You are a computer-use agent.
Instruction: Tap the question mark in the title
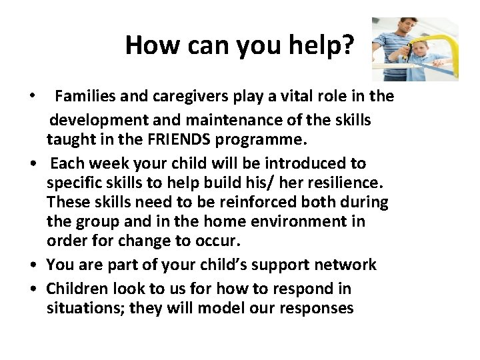[349, 45]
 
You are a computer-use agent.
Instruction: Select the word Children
[76, 289]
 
